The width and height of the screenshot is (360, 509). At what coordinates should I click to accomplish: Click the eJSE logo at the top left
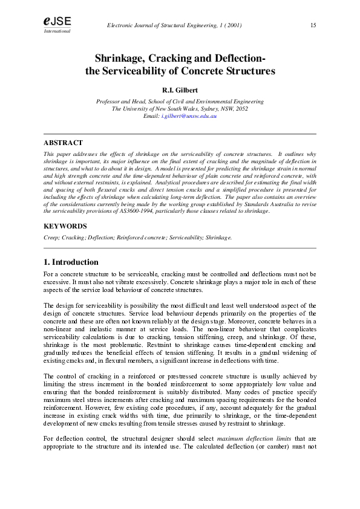pyautogui.click(x=57, y=21)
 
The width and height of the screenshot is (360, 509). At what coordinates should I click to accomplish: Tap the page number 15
pyautogui.click(x=313, y=25)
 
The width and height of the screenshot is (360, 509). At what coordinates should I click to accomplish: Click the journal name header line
pyautogui.click(x=174, y=25)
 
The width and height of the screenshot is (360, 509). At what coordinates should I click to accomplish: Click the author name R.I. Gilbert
pyautogui.click(x=180, y=91)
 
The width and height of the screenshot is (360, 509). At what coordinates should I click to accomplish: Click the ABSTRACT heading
pyautogui.click(x=63, y=143)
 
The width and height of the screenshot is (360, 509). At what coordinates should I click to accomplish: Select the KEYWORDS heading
pyautogui.click(x=65, y=226)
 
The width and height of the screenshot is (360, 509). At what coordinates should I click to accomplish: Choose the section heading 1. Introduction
pyautogui.click(x=71, y=262)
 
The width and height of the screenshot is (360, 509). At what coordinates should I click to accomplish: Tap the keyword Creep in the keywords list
pyautogui.click(x=51, y=238)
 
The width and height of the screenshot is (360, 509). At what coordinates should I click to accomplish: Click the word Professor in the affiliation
pyautogui.click(x=110, y=102)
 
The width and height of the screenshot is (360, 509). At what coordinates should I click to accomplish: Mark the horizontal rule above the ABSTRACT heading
pyautogui.click(x=180, y=134)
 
